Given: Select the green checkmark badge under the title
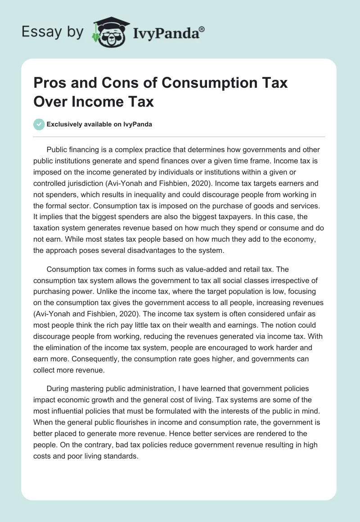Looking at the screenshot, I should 40,125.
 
